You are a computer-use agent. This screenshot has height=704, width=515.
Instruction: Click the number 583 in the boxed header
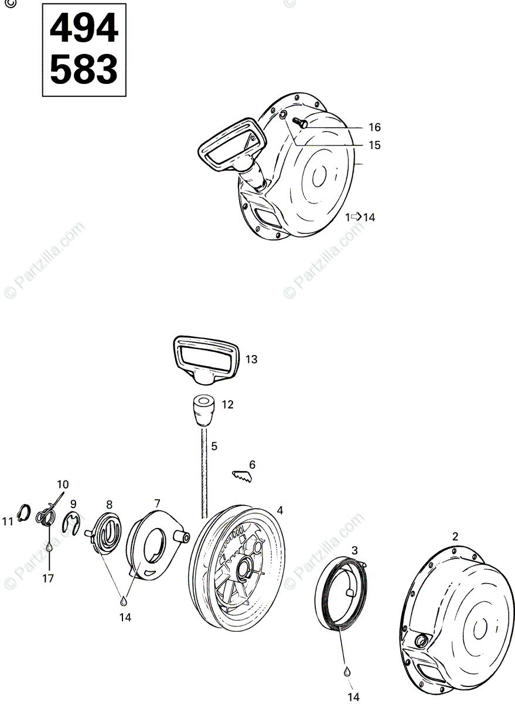[84, 70]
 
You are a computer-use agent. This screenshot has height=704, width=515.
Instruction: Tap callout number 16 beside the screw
[374, 127]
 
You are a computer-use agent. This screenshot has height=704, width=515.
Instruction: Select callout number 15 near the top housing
[374, 145]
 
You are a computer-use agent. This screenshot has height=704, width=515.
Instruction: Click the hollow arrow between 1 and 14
[356, 216]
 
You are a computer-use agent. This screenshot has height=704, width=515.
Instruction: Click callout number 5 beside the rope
[214, 446]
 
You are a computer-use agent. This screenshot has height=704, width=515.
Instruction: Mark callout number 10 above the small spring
[63, 485]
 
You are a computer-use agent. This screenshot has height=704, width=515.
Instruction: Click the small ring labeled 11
[24, 513]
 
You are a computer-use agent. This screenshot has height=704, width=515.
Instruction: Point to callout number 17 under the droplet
[48, 578]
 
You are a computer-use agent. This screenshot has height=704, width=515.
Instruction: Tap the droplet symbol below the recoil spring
[347, 670]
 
